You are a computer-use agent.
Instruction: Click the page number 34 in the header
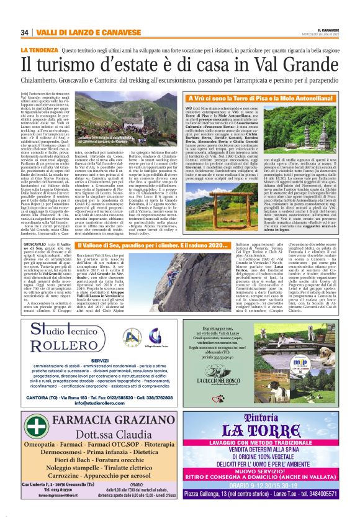pyautogui.click(x=25, y=32)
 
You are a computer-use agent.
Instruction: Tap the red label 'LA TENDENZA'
pyautogui.click(x=38, y=49)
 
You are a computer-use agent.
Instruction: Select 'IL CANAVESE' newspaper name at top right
pyautogui.click(x=335, y=29)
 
